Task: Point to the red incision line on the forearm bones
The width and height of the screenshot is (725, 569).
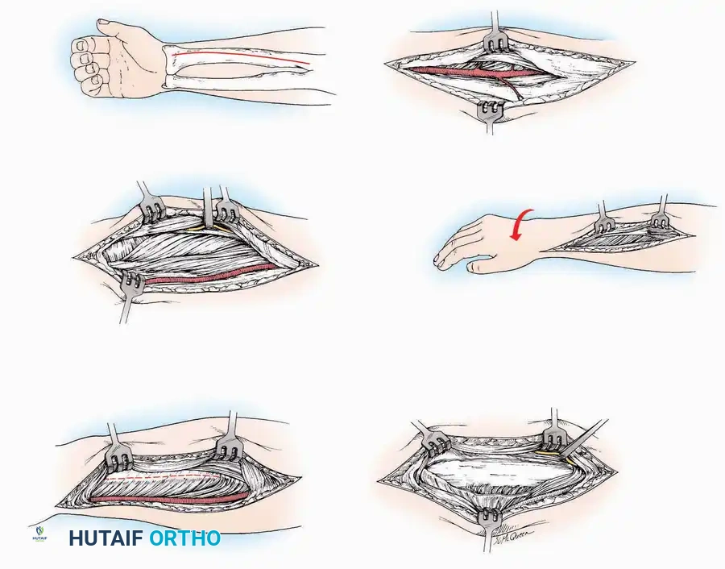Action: pos(242,57)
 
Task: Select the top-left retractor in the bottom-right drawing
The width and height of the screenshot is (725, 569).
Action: pos(435,439)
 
